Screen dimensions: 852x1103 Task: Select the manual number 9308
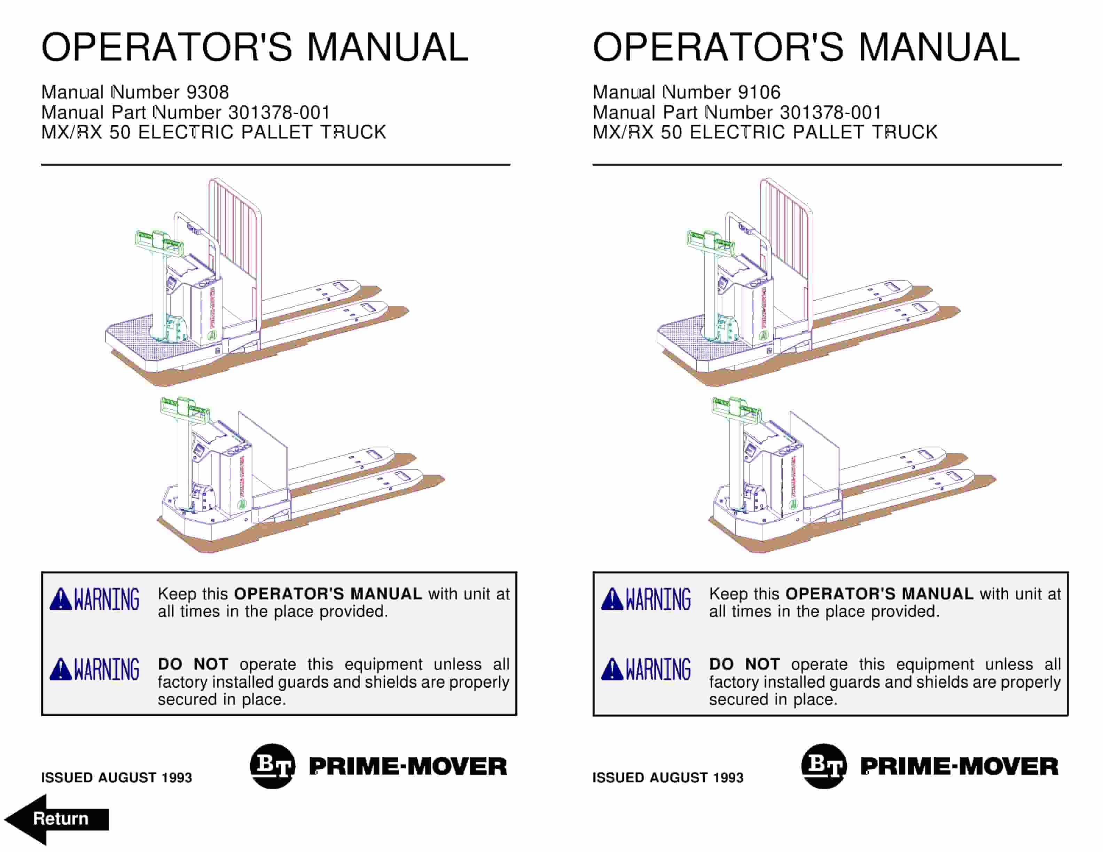(208, 92)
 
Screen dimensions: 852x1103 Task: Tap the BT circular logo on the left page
(273, 766)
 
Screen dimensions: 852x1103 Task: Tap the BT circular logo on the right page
(824, 766)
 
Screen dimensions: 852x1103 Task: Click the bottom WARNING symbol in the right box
(646, 669)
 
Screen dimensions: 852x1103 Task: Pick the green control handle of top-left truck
(158, 241)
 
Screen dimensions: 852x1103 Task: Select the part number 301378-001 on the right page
(830, 112)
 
